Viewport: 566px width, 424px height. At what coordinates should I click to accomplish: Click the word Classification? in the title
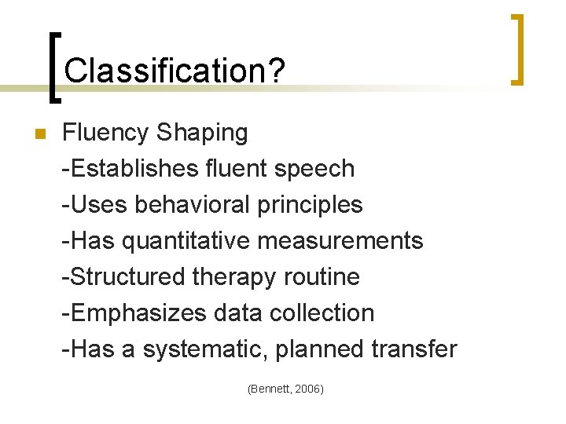[175, 71]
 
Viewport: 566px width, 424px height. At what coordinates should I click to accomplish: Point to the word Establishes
[132, 168]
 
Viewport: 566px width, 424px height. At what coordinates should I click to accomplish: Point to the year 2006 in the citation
[309, 389]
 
